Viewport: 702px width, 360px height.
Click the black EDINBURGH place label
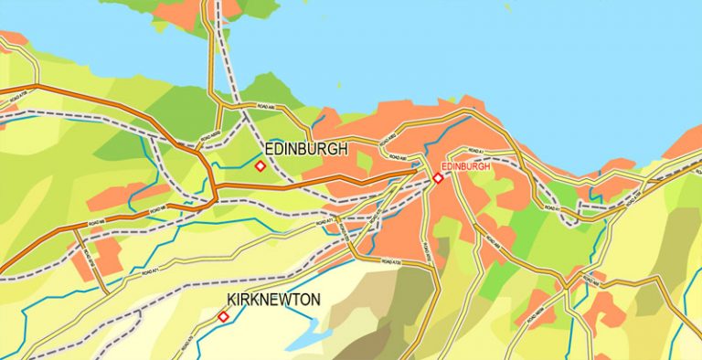305,149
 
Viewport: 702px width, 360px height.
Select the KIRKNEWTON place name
273,300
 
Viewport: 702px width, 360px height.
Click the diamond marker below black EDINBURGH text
260,166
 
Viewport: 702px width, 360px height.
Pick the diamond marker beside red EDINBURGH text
438,178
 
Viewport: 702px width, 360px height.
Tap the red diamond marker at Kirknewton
223,317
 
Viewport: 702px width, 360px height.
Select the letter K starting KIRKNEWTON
232,300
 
